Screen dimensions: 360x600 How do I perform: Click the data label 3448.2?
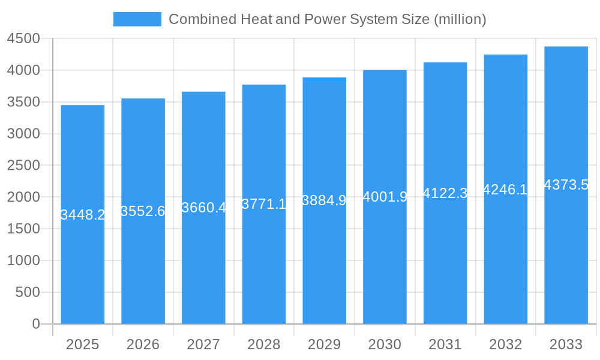pyautogui.click(x=83, y=215)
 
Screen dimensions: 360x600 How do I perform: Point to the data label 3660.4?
pyautogui.click(x=204, y=208)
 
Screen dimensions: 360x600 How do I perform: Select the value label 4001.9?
pyautogui.click(x=385, y=197)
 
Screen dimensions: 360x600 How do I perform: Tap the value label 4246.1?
pyautogui.click(x=505, y=190)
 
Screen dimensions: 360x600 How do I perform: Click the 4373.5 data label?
pyautogui.click(x=566, y=185)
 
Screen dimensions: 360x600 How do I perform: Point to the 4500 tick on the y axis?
pyautogui.click(x=23, y=39)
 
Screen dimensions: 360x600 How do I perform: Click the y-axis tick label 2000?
pyautogui.click(x=23, y=197)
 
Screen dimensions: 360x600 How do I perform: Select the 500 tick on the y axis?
pyautogui.click(x=28, y=292)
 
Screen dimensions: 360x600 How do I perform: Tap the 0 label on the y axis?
pyautogui.click(x=36, y=324)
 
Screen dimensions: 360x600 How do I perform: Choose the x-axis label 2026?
pyautogui.click(x=143, y=344)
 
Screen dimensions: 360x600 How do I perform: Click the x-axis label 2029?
pyautogui.click(x=324, y=344)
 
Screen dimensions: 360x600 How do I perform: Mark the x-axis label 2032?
pyautogui.click(x=505, y=344)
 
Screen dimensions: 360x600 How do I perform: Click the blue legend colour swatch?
pyautogui.click(x=137, y=19)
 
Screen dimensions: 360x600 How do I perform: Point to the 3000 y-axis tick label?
pyautogui.click(x=23, y=134)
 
